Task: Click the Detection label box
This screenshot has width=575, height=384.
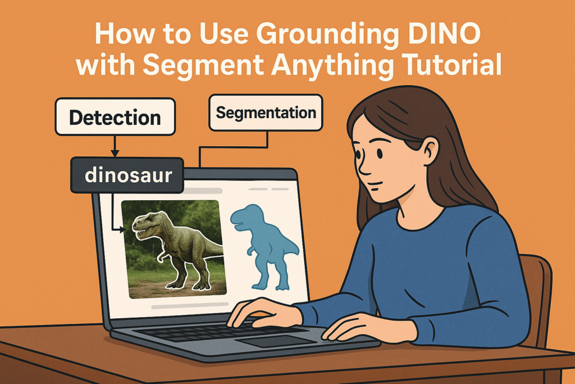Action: click(115, 118)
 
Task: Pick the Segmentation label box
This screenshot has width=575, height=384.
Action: click(266, 113)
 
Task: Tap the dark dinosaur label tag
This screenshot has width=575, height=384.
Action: click(129, 175)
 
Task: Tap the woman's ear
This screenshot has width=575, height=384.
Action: click(430, 151)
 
